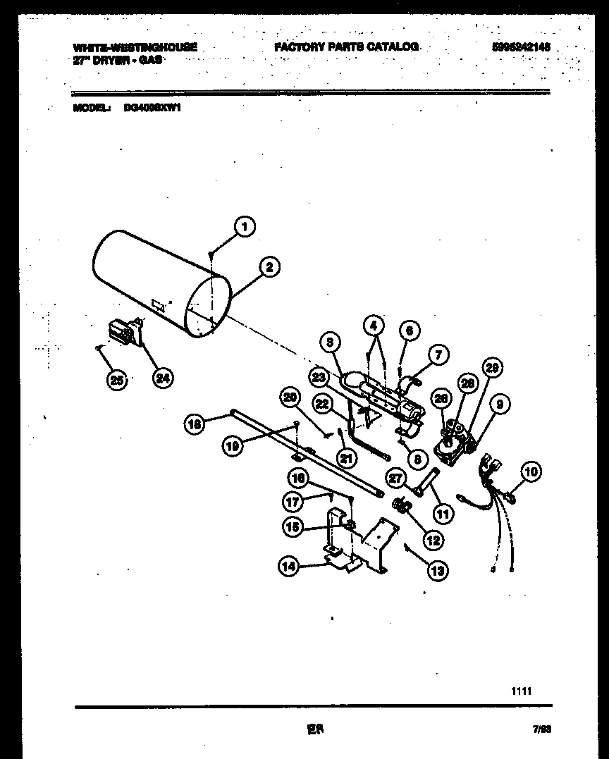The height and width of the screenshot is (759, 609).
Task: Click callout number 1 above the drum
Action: [244, 227]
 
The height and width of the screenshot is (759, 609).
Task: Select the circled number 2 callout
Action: [269, 267]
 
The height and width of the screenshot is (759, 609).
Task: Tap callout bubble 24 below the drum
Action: [163, 378]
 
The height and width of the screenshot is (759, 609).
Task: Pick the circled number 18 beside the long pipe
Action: [195, 424]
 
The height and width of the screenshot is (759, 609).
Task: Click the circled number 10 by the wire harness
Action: [531, 471]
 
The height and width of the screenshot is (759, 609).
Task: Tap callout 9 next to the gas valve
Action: [499, 405]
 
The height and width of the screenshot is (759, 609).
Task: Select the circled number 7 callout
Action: [437, 355]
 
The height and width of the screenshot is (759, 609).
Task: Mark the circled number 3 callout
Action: [329, 343]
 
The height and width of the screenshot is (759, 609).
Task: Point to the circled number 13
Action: [437, 571]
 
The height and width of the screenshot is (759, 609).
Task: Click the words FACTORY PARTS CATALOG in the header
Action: [346, 47]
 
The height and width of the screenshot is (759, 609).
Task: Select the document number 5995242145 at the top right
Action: [522, 47]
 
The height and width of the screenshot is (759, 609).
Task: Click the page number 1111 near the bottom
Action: [522, 691]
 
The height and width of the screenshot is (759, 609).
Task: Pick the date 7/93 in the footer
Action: [541, 731]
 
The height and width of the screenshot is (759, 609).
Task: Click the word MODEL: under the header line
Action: [92, 108]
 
